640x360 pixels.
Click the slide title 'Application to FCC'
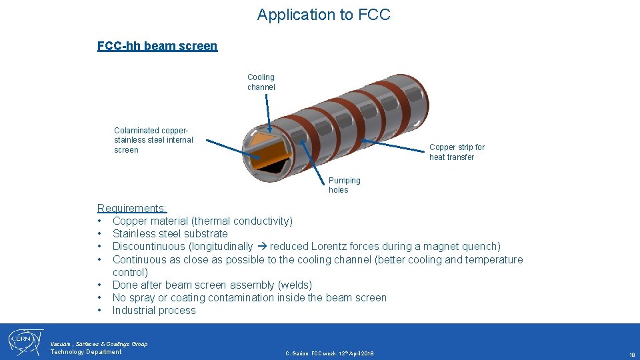323,15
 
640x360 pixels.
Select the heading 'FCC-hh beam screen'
157,46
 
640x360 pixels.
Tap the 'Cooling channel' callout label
261,82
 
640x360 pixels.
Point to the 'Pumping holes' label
344,185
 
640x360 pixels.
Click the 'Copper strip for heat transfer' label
457,152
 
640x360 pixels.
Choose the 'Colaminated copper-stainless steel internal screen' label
153,140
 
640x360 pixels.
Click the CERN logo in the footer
25,341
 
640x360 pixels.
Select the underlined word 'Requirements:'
132,208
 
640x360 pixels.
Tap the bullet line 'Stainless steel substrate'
170,234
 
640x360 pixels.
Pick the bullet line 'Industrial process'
154,311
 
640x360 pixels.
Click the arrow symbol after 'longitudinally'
261,247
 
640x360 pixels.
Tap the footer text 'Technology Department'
86,352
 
